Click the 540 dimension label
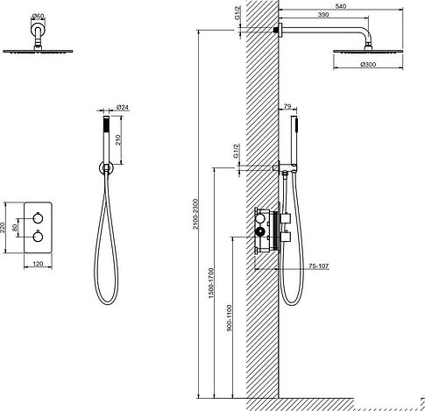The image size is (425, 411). (341, 6)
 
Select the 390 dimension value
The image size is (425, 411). (323, 15)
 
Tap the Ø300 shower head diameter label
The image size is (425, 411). (368, 65)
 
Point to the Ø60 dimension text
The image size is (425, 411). (38, 16)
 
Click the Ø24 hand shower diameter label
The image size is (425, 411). (123, 107)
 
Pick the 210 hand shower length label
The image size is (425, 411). (118, 140)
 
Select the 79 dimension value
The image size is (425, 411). (287, 106)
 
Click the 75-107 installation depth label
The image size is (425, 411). (319, 266)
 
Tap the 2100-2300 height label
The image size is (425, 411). (195, 214)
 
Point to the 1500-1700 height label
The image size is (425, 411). (211, 283)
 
